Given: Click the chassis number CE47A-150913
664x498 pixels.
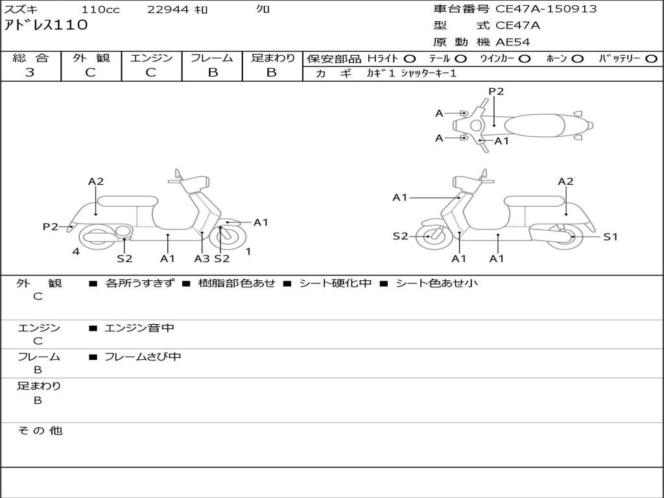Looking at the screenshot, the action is click(x=546, y=9).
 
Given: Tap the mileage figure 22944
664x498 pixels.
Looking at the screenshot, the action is click(x=168, y=9).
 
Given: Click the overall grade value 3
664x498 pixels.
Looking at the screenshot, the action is click(x=30, y=73).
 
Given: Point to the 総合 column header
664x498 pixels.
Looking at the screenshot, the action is click(x=30, y=58).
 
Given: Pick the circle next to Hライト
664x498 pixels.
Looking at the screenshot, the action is click(x=410, y=59).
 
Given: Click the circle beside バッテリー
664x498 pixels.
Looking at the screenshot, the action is click(x=652, y=59).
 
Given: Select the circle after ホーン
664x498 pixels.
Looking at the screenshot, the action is click(x=577, y=59).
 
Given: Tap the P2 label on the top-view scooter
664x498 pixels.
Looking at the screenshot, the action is click(x=496, y=91).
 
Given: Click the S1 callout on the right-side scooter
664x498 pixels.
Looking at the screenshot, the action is click(x=610, y=237).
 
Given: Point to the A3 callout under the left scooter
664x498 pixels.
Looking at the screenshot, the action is click(x=202, y=258).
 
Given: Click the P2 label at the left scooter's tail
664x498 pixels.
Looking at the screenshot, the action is click(x=51, y=226).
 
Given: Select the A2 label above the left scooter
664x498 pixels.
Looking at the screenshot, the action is click(x=96, y=182).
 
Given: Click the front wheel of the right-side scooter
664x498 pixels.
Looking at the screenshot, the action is click(x=431, y=236).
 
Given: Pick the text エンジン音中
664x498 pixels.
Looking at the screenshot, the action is click(x=139, y=327).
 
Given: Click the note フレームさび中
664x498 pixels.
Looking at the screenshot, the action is click(x=143, y=357).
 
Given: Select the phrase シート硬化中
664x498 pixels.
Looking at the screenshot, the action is click(x=335, y=283).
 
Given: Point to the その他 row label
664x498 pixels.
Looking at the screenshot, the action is click(x=40, y=431).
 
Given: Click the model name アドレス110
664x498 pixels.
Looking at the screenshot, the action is click(x=46, y=25).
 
